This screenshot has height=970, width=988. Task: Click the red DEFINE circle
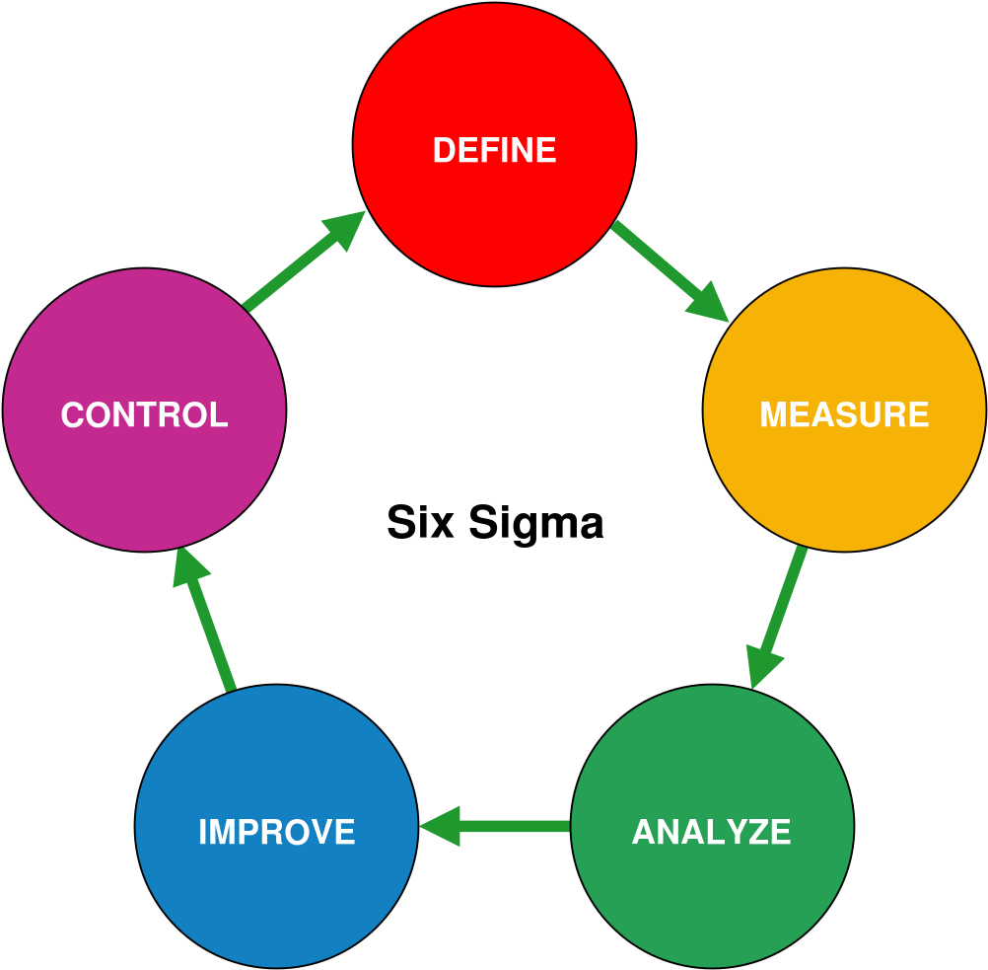[495, 144]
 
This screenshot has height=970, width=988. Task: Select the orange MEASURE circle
[844, 410]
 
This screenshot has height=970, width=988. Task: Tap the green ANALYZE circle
[712, 826]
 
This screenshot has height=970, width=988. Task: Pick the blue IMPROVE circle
[277, 826]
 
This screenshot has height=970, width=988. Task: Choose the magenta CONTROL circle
[144, 410]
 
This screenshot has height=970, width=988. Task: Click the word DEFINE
[495, 150]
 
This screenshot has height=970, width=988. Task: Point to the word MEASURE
[844, 414]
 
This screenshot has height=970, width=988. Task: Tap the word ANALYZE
[711, 831]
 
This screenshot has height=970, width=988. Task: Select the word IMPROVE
[277, 831]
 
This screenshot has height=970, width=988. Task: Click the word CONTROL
[144, 414]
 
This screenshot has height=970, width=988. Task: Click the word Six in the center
[420, 522]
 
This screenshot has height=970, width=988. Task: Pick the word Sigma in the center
[536, 523]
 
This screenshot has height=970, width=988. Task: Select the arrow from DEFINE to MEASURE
[670, 271]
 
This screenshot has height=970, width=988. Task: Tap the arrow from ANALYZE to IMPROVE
[495, 826]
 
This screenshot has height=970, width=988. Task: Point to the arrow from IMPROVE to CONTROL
[204, 619]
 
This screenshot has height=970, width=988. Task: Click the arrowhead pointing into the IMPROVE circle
[440, 826]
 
